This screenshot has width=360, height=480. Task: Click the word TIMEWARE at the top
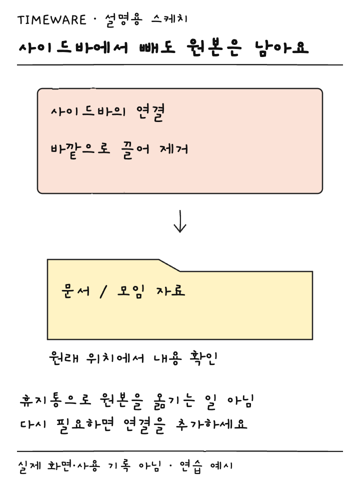51,20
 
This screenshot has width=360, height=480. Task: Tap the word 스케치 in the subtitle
169,19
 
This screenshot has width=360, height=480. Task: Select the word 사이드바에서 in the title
73,48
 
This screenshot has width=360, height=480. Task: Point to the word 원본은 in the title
214,48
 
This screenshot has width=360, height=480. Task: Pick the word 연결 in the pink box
150,112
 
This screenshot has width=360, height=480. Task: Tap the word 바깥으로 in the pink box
80,150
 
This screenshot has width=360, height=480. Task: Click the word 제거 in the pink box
174,149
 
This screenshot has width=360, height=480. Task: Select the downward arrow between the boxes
180,221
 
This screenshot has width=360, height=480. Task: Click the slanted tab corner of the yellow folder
169,265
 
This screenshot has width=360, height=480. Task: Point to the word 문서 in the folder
75,291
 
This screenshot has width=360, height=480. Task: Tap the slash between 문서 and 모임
103,291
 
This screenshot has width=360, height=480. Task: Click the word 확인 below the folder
203,357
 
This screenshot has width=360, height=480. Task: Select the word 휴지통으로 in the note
55,400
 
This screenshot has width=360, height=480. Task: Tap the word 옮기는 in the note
174,401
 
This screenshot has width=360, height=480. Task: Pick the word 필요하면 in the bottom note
85,425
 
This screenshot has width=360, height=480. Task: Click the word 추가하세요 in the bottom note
211,424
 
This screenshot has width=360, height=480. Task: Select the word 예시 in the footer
221,466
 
